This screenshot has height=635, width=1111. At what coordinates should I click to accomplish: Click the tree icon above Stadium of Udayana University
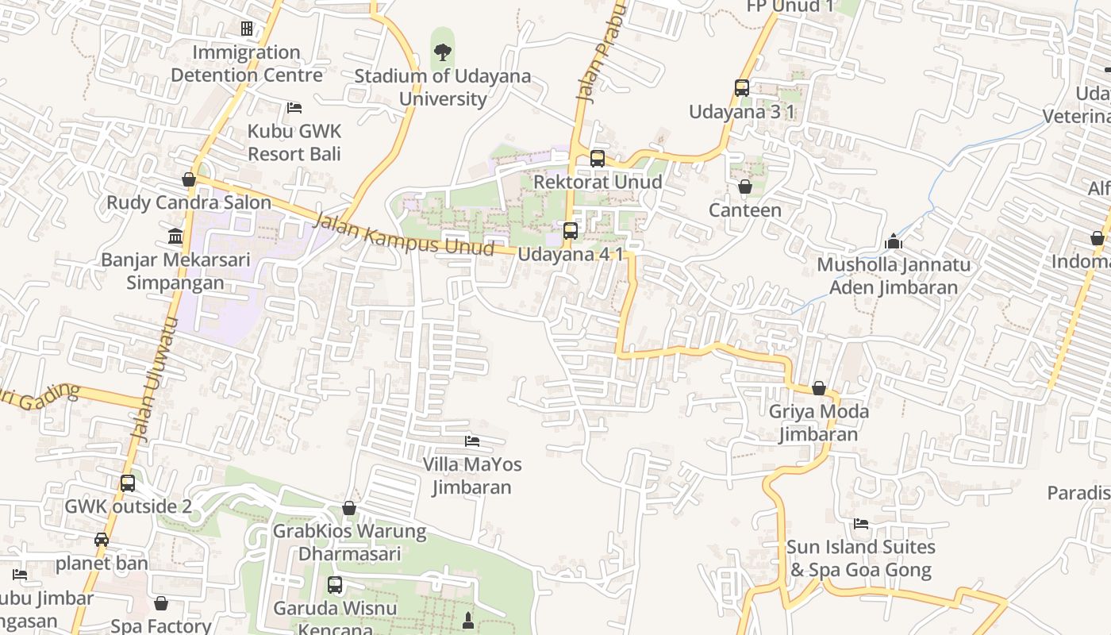[443, 52]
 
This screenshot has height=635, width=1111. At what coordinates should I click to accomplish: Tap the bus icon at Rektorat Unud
[597, 159]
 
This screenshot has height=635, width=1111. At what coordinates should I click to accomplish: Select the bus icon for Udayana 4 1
[570, 231]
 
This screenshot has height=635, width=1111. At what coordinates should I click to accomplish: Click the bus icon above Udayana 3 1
[741, 88]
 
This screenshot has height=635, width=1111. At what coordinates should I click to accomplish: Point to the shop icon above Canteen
[744, 187]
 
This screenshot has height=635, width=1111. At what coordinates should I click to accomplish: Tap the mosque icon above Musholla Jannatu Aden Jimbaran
[894, 241]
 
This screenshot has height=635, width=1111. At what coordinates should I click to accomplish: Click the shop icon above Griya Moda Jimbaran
[818, 388]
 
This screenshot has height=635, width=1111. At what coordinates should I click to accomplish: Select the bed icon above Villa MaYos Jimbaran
[472, 441]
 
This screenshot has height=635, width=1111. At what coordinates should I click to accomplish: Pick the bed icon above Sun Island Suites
[861, 524]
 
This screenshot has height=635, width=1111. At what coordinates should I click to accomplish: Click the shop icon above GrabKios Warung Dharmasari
[349, 508]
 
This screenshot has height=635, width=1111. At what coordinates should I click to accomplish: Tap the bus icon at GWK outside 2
[127, 483]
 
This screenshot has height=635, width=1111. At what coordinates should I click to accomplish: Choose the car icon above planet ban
[102, 540]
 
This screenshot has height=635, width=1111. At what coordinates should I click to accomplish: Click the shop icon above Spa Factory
[161, 603]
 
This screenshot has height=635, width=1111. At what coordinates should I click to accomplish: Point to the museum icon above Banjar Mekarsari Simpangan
[175, 236]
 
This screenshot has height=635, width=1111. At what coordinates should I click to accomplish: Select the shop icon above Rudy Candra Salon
[189, 179]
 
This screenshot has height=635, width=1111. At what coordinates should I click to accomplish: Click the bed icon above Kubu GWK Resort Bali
[294, 108]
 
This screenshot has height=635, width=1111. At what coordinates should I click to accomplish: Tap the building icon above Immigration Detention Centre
[247, 29]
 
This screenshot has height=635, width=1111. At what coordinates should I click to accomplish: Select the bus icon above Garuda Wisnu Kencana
[335, 585]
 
